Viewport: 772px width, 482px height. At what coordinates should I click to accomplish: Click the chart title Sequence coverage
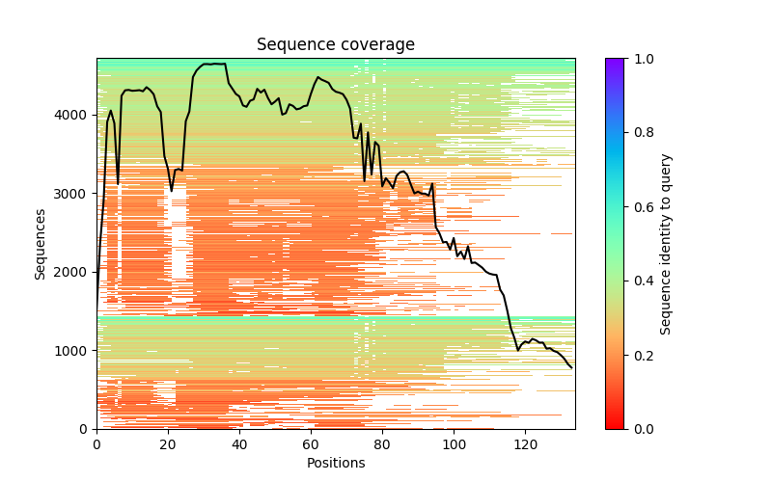[335, 45]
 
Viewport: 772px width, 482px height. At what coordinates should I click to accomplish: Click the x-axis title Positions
[335, 463]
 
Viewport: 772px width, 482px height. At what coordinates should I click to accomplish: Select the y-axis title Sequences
[41, 243]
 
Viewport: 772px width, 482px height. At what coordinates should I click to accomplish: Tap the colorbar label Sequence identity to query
[666, 244]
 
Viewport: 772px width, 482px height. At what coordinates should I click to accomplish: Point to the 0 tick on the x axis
[96, 445]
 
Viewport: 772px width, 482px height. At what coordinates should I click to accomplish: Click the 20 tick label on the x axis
[168, 445]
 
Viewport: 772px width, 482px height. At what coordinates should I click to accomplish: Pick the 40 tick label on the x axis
[239, 445]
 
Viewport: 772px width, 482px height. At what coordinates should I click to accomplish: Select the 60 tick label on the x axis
[311, 445]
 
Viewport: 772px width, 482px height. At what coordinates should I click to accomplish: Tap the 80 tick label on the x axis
[382, 445]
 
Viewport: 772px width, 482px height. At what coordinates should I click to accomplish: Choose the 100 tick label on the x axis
[454, 445]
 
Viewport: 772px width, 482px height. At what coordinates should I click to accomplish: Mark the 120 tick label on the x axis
[525, 445]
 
